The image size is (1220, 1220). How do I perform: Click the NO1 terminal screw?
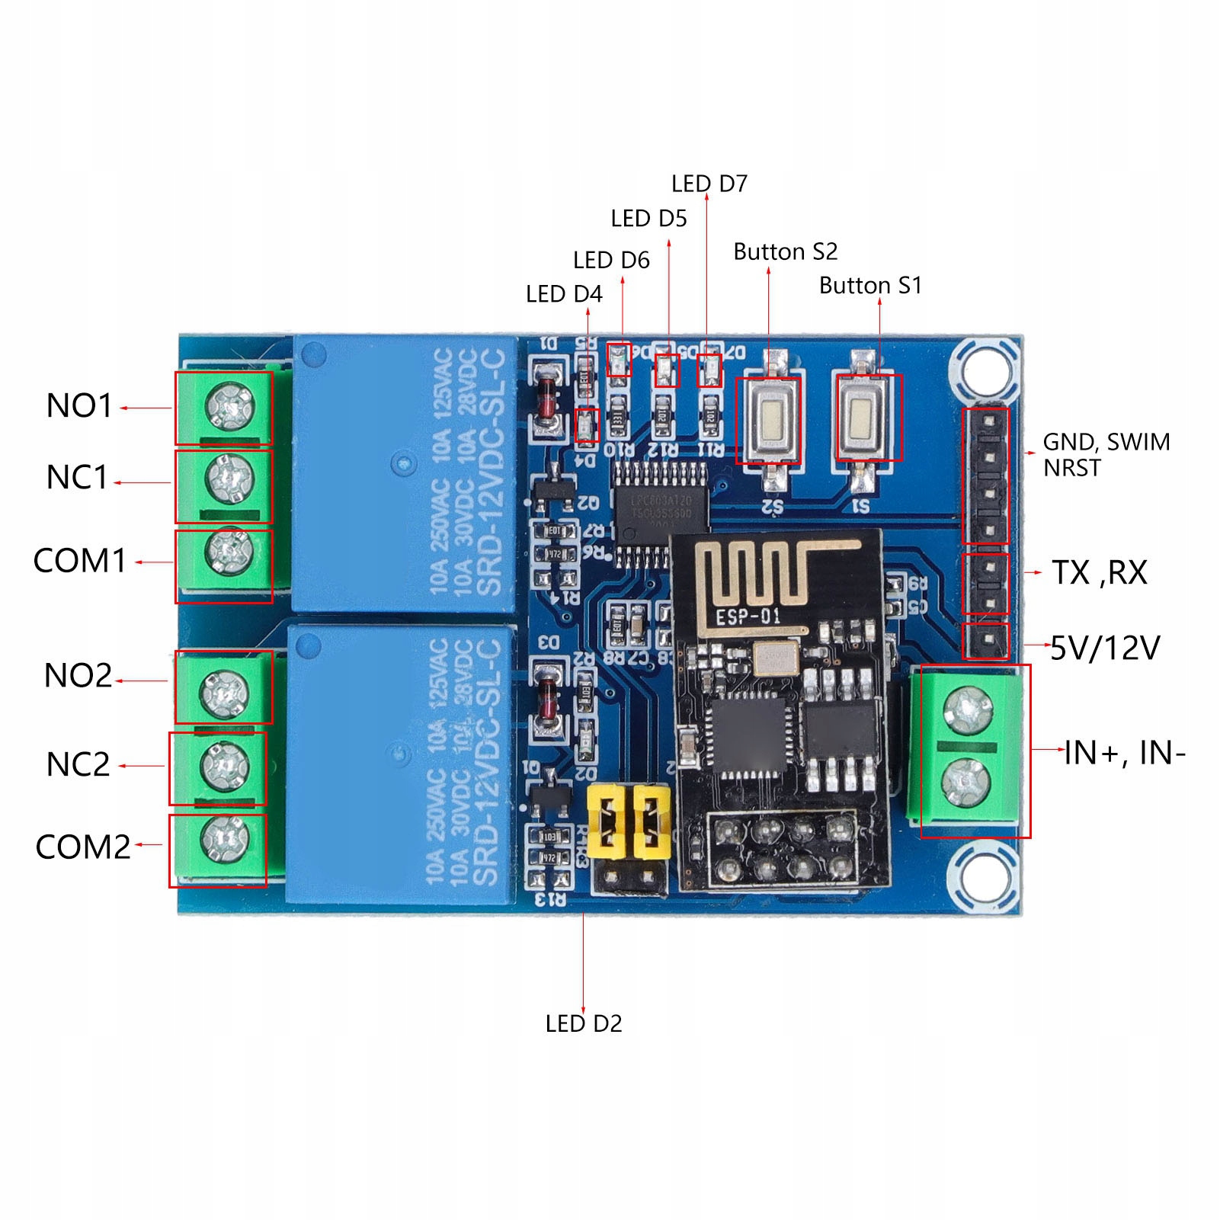(x=229, y=407)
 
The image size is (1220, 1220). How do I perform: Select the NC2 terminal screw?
(x=222, y=765)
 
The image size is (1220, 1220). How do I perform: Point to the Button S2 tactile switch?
(x=769, y=419)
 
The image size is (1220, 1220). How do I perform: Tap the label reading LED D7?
(x=709, y=184)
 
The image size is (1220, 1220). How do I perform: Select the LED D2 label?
(x=584, y=1023)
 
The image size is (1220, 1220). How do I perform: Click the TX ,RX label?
(x=1099, y=573)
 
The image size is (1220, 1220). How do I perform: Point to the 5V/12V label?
(x=1105, y=648)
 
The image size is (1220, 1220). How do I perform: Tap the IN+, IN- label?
(x=1125, y=753)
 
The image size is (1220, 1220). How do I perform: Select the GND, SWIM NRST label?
(x=1105, y=454)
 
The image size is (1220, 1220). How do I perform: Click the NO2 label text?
(x=78, y=675)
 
